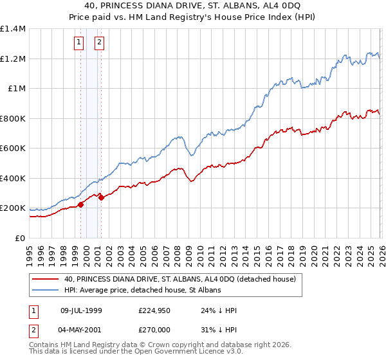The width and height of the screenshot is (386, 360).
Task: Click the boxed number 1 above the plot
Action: tap(78, 43)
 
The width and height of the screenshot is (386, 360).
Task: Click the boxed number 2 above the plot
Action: tap(100, 43)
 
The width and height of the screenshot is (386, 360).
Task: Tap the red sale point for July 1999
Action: tap(80, 204)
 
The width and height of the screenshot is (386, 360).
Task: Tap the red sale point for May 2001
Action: tap(101, 197)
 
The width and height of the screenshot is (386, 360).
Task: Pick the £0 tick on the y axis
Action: tap(19, 238)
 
